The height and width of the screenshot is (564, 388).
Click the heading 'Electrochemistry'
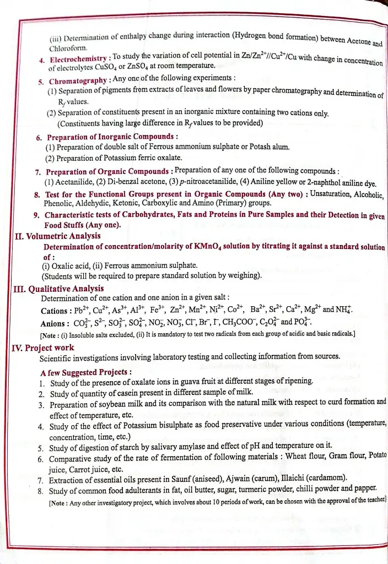(78, 59)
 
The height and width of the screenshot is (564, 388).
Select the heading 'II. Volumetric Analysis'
(57, 236)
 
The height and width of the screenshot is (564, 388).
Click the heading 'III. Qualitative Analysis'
(57, 289)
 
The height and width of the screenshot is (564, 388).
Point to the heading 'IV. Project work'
(42, 348)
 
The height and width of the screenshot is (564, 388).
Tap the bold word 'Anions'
(54, 323)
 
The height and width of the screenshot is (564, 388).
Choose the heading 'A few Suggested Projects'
(85, 372)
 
